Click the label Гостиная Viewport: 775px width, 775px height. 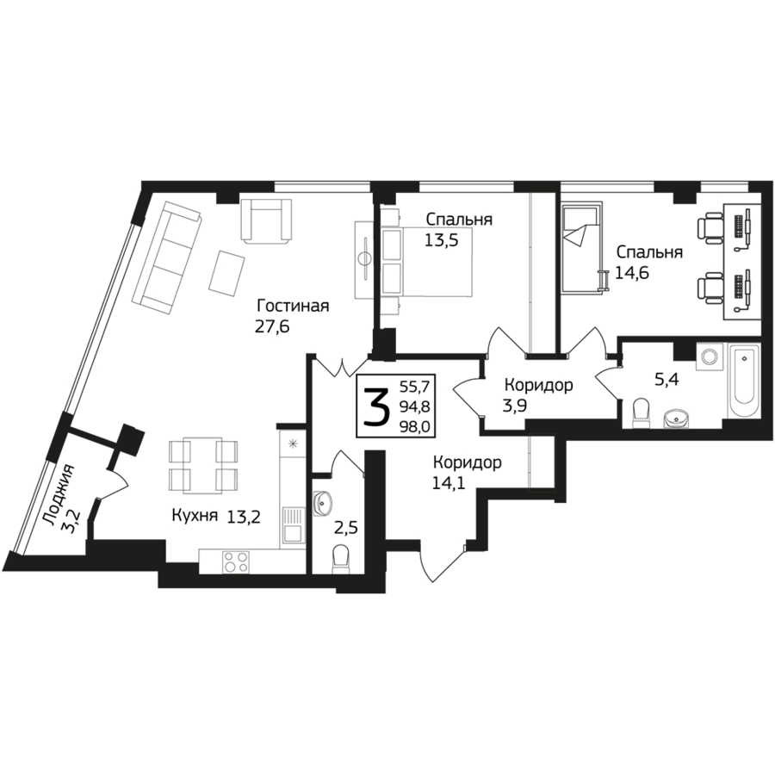pos(293,306)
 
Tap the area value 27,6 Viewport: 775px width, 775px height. pos(272,326)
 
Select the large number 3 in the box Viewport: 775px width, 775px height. pos(377,406)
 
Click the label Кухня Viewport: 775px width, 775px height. pos(195,516)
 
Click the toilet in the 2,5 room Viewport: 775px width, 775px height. pos(341,559)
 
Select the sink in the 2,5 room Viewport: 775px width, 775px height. pos(323,503)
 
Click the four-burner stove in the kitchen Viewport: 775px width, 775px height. pos(236,561)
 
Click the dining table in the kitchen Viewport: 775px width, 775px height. pos(202,465)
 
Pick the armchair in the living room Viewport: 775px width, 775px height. pos(265,220)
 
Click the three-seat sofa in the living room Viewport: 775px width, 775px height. pos(165,257)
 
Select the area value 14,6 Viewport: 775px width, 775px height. pos(632,273)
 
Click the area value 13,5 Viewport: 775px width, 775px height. pos(442,240)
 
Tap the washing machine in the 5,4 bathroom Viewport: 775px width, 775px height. pos(710,356)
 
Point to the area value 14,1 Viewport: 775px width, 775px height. pos(449,483)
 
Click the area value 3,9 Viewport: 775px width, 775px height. pos(515,406)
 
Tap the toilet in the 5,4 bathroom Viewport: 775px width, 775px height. pos(641,412)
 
